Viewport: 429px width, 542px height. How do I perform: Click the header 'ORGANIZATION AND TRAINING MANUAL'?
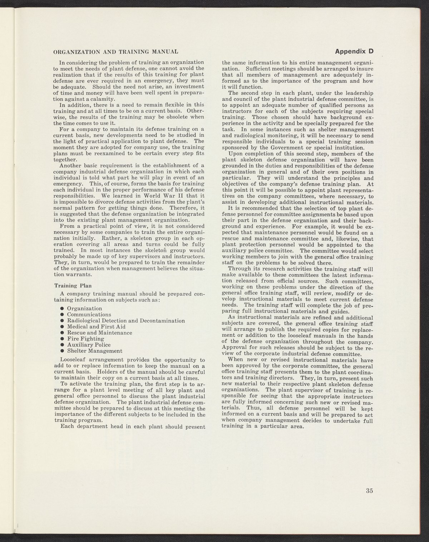[x=115, y=52]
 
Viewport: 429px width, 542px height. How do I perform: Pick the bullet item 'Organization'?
[x=84, y=309]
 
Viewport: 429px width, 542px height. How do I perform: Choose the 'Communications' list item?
[x=89, y=315]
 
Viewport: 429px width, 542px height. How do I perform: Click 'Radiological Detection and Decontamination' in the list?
[x=126, y=321]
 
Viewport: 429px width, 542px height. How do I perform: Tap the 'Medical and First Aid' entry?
[x=96, y=327]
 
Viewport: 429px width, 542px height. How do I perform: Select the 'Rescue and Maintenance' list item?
[x=99, y=333]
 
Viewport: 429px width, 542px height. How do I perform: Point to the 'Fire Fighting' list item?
[x=85, y=339]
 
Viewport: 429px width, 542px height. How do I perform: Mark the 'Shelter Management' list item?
[x=94, y=351]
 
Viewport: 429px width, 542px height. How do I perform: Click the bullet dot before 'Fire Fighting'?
[x=62, y=339]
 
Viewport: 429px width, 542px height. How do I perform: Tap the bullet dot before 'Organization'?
[x=62, y=309]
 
